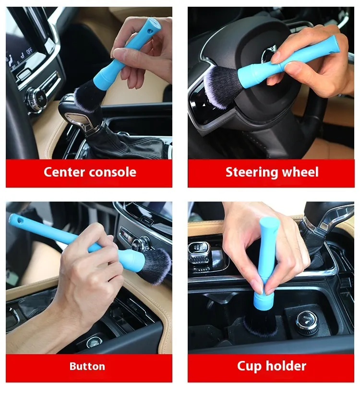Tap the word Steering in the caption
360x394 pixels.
(252, 173)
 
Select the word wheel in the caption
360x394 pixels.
(300, 172)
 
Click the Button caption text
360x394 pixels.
(87, 366)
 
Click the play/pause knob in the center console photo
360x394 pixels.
(40, 98)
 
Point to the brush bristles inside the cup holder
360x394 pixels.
(261, 324)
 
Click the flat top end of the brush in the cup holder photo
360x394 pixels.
(269, 223)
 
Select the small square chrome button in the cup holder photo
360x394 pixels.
(199, 252)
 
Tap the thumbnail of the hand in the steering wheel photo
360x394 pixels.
(275, 57)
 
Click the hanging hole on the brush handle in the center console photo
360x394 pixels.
(150, 31)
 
